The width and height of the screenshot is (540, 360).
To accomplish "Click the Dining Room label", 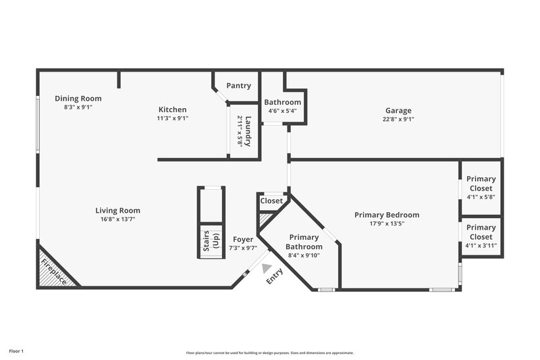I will click(x=78, y=99).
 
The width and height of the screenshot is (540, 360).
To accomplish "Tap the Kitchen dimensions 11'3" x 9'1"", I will click(x=172, y=118).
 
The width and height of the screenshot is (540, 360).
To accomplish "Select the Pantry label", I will click(x=238, y=86).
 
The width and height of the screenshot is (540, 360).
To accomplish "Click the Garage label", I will click(x=398, y=111).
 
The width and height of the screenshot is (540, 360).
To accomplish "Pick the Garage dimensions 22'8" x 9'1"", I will click(x=398, y=120).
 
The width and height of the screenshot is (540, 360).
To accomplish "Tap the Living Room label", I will click(x=117, y=211).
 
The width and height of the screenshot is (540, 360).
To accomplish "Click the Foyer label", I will click(x=243, y=240).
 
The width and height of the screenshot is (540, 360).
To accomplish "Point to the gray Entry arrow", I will click(x=267, y=268).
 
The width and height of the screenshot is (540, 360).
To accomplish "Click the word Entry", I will click(x=274, y=277).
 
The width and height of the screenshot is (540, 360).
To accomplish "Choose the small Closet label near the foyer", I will click(x=271, y=201).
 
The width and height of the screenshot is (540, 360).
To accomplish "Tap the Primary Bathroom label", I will click(x=304, y=242).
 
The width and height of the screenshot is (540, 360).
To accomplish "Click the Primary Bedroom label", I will click(x=387, y=215).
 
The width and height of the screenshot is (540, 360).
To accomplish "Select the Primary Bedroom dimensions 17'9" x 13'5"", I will click(x=387, y=224).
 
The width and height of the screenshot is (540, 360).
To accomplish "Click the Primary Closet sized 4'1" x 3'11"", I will click(x=481, y=232).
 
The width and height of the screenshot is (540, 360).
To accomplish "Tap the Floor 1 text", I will click(x=16, y=351).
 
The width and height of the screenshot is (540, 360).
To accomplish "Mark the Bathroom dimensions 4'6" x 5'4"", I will click(x=282, y=111).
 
